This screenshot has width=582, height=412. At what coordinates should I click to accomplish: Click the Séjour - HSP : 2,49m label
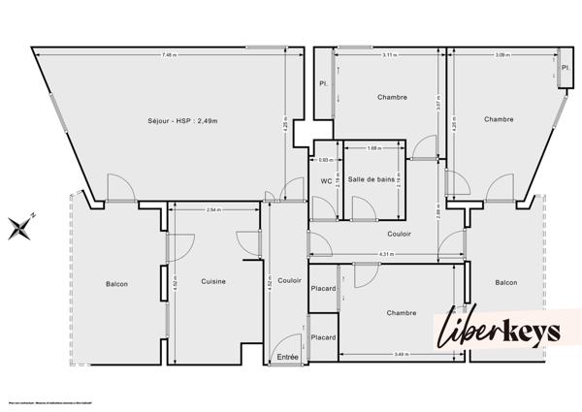[180, 120]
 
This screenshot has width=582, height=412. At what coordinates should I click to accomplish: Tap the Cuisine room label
[213, 281]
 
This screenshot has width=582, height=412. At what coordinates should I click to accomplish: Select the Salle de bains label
[372, 179]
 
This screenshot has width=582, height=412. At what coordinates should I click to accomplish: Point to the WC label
[326, 179]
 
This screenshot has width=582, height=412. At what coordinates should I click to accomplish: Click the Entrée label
[288, 357]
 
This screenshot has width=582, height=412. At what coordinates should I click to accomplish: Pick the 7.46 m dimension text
[171, 54]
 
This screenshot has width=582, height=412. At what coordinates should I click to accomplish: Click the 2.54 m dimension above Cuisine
[213, 209]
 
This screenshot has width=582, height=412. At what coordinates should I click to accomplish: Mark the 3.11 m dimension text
[389, 54]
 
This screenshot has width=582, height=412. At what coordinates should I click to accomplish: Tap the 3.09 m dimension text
[501, 54]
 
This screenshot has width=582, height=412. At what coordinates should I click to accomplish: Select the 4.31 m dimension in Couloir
[385, 255]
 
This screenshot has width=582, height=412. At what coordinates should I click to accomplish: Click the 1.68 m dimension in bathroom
[374, 148]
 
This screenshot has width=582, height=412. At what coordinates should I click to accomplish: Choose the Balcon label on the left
[117, 284]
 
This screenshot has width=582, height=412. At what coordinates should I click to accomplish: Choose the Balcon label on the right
[505, 282]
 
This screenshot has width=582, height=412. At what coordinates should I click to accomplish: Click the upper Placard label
[323, 288]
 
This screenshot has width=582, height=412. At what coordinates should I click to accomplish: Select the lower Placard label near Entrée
[323, 337]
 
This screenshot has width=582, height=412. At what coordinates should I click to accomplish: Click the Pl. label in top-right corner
[564, 67]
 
